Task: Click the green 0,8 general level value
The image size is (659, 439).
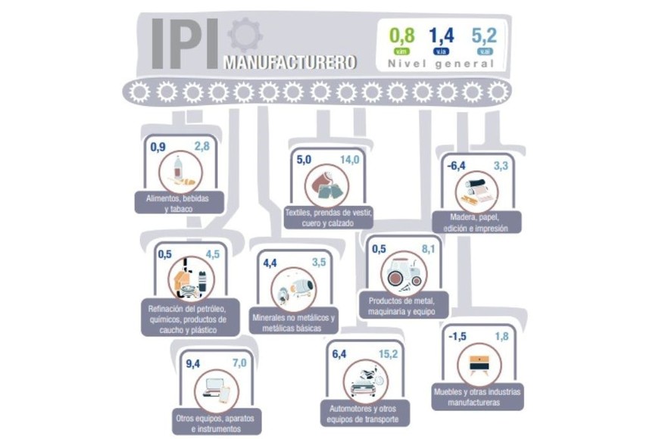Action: click(x=401, y=35)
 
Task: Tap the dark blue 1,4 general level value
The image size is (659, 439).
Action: click(x=441, y=35)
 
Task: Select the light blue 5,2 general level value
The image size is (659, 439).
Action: click(x=483, y=35)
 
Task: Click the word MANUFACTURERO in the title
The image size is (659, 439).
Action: click(x=290, y=62)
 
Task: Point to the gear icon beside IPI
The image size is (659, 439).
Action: click(x=244, y=36)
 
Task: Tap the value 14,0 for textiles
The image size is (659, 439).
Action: click(x=349, y=160)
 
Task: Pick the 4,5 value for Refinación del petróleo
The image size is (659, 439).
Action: click(x=212, y=254)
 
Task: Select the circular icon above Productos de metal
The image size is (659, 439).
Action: click(x=400, y=274)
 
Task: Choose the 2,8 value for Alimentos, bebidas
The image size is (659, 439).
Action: click(x=201, y=146)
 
